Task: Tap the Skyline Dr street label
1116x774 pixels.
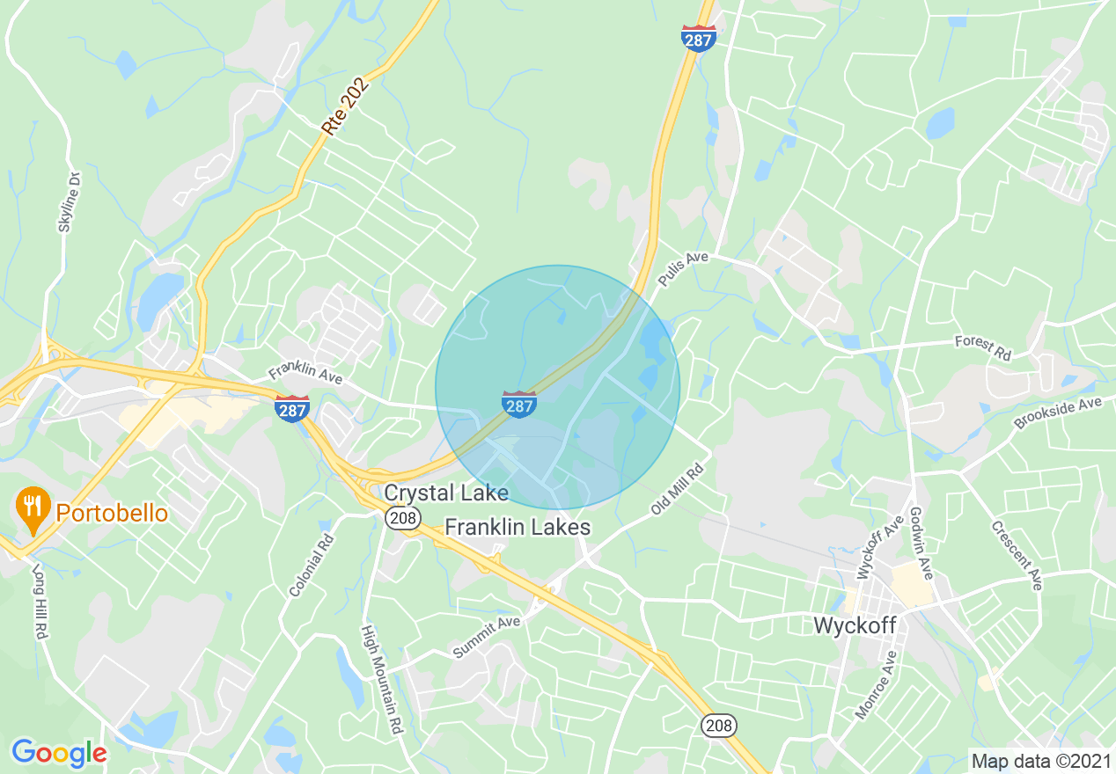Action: click(69, 201)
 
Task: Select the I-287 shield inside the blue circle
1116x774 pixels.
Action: click(519, 404)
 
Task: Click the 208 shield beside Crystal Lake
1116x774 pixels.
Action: click(400, 518)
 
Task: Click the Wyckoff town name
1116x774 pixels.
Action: click(855, 625)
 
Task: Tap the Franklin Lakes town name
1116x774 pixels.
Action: click(518, 527)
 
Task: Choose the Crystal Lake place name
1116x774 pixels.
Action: click(446, 493)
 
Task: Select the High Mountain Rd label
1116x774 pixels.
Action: click(382, 679)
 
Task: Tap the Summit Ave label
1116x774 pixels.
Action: click(487, 637)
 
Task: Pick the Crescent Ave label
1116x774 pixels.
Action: click(1017, 555)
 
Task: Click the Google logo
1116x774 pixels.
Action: click(59, 753)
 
